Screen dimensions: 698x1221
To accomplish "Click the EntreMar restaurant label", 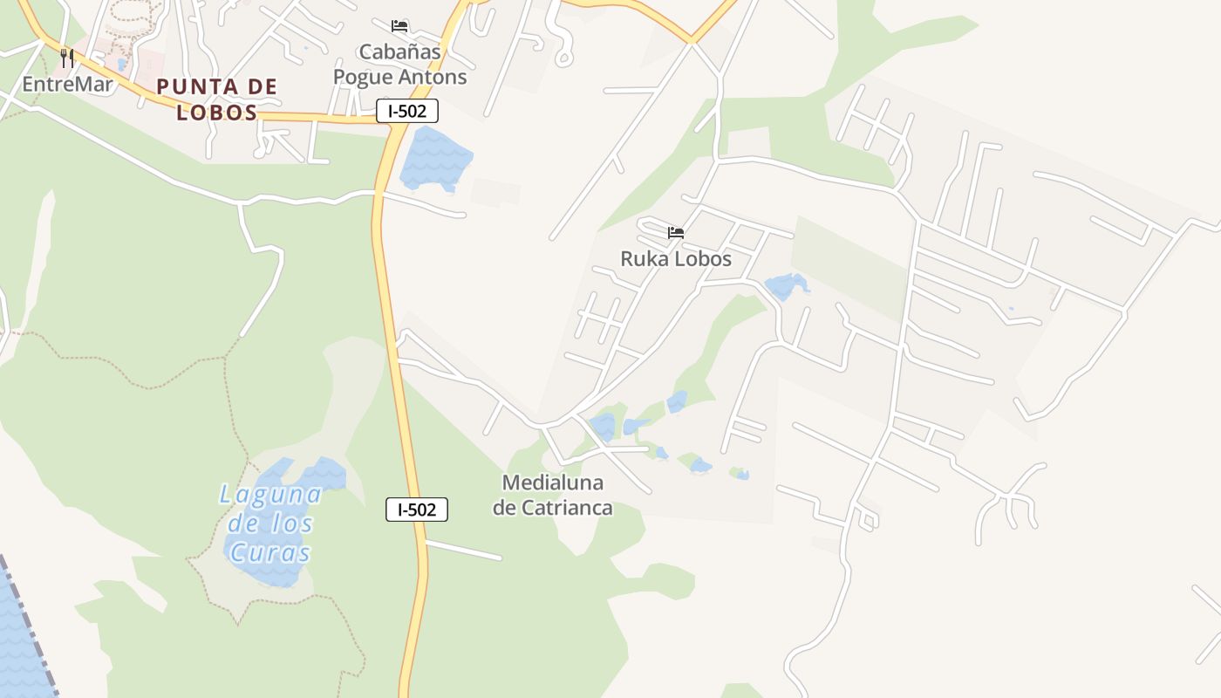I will [68, 84].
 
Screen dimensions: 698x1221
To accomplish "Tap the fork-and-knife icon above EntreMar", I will [67, 58].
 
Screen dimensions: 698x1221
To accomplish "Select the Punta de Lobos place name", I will [217, 99].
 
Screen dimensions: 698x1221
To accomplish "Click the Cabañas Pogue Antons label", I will [400, 65].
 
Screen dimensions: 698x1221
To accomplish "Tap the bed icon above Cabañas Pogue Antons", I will [399, 26].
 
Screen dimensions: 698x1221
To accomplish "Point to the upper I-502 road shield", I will [407, 111].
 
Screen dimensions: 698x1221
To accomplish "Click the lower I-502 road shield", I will [417, 510].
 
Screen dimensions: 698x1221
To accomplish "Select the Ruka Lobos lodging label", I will [676, 258].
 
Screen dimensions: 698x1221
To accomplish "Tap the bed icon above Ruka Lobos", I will [676, 232].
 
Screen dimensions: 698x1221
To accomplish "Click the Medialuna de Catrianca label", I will [553, 495].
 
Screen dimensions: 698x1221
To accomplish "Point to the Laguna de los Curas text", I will [269, 523].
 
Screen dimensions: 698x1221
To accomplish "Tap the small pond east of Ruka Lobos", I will [786, 285].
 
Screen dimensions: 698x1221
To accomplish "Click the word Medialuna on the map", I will [553, 482].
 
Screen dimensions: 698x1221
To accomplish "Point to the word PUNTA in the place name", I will [189, 86].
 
